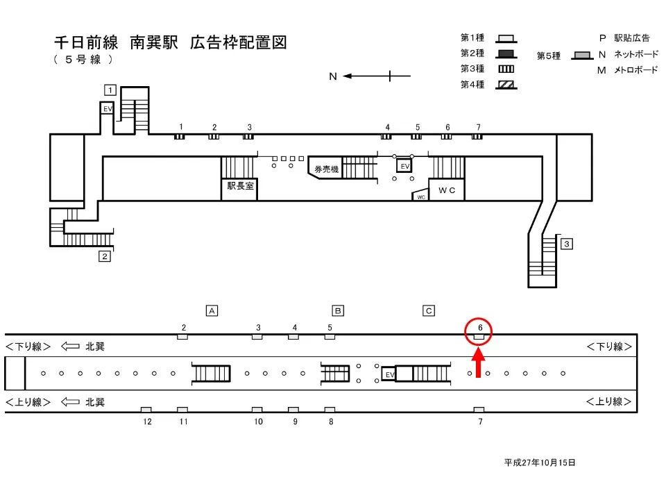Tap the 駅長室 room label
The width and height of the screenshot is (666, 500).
(x=239, y=186)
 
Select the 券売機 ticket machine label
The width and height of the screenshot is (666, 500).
(x=325, y=169)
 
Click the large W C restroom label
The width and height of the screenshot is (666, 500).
(x=446, y=190)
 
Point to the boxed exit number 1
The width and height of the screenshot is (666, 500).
(x=110, y=89)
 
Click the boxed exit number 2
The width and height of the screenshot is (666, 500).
(x=105, y=256)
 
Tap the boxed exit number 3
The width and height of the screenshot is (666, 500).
(x=567, y=244)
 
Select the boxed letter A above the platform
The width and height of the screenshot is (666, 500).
(x=212, y=310)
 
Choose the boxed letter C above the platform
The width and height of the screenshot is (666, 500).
(x=429, y=310)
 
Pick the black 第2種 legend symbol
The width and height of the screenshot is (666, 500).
(x=506, y=53)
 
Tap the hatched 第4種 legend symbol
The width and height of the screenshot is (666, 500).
(x=506, y=85)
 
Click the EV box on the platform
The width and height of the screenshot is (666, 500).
(x=389, y=374)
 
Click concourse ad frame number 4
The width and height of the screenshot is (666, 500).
(x=387, y=137)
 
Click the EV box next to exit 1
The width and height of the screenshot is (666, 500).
(x=108, y=109)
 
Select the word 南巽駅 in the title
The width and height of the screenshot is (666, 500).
(x=155, y=42)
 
